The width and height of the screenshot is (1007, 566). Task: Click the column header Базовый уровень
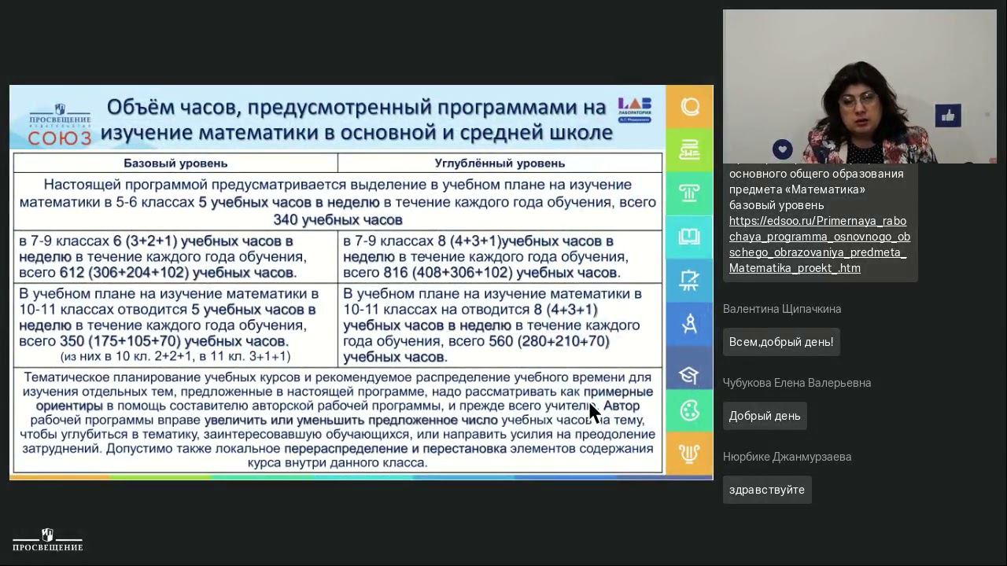(175, 164)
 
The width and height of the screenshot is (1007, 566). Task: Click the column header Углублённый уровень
(500, 164)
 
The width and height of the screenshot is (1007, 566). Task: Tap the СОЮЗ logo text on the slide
(60, 138)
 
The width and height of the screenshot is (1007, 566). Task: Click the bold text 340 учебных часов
(338, 220)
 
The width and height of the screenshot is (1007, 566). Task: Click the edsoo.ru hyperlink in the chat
(819, 244)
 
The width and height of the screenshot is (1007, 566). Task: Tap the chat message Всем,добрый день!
(780, 342)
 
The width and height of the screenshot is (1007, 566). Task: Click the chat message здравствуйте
(766, 490)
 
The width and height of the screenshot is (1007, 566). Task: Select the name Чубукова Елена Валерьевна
(796, 383)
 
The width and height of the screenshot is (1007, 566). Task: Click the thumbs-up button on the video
(948, 116)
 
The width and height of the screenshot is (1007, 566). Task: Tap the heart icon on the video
(782, 149)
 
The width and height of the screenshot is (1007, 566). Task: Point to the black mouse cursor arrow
(594, 413)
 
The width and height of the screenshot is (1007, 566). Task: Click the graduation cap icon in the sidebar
(689, 374)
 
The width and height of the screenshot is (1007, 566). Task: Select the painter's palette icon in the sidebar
(689, 410)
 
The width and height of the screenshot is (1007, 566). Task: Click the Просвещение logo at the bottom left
(48, 540)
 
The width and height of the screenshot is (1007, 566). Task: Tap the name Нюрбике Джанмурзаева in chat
(787, 457)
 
